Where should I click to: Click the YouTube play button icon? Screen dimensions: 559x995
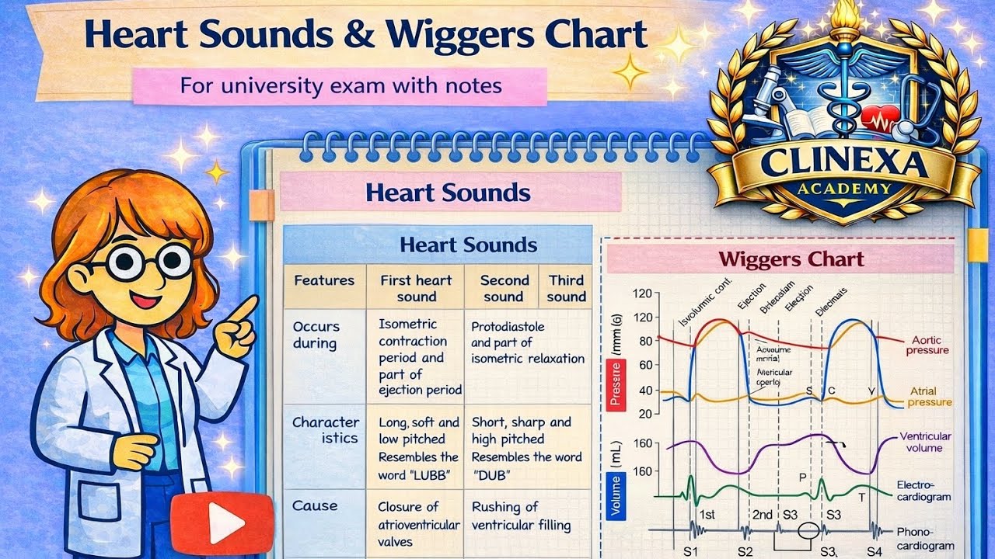click(x=222, y=525)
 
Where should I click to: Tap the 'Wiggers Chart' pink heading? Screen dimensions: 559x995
click(x=791, y=259)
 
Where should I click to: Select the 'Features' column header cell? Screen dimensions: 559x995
click(x=324, y=280)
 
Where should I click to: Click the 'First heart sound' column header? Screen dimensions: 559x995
click(x=416, y=288)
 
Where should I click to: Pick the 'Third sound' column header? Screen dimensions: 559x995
click(x=566, y=288)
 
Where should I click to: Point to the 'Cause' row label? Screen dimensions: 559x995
click(x=315, y=505)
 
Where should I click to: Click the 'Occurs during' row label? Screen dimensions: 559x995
click(x=316, y=335)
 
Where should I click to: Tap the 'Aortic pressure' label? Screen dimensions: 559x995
click(x=930, y=345)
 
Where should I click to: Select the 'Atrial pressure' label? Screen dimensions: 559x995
click(x=929, y=397)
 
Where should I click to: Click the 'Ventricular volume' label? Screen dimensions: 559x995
click(x=926, y=442)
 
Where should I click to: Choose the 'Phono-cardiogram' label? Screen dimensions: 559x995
click(x=925, y=539)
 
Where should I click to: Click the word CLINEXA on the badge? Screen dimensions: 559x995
click(x=843, y=162)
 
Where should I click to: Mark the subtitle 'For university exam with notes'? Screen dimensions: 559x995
click(x=340, y=85)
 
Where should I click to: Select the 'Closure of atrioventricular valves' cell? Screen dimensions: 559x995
click(x=418, y=524)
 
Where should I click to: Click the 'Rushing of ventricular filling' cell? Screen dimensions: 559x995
click(x=520, y=516)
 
